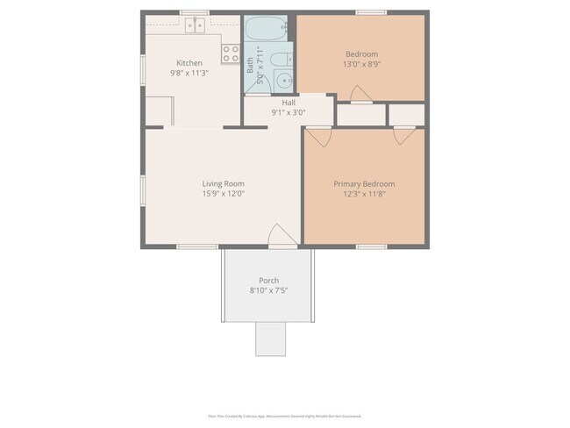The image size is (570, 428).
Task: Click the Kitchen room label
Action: click(x=189, y=63)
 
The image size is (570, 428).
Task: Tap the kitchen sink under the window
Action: click(x=194, y=25)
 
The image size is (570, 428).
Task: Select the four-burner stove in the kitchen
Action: click(x=232, y=54)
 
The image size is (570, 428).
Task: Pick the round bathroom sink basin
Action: click(x=282, y=82)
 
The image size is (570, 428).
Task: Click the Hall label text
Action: click(x=263, y=103)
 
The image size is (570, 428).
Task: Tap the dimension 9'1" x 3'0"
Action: click(x=263, y=112)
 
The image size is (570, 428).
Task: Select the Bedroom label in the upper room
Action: click(x=361, y=54)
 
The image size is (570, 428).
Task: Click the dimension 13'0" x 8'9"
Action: click(x=361, y=64)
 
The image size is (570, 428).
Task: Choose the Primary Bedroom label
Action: click(x=364, y=184)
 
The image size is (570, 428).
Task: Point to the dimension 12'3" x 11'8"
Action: click(x=364, y=194)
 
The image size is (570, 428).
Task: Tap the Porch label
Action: click(x=268, y=281)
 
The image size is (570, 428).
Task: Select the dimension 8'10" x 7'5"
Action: click(x=268, y=290)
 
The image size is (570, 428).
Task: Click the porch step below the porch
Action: click(x=270, y=339)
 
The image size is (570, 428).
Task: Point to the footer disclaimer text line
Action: click(x=284, y=416)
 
